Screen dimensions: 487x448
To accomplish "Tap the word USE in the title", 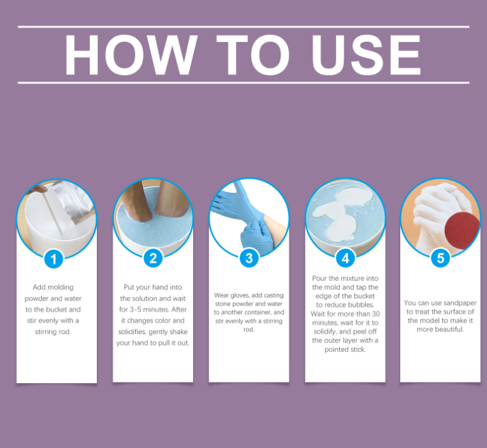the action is click(367, 55).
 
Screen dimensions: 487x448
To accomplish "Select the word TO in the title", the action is click(253, 55).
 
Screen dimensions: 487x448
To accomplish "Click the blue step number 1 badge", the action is click(54, 259).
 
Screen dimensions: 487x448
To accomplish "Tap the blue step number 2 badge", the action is click(153, 258).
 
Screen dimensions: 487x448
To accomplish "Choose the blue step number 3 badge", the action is click(249, 258).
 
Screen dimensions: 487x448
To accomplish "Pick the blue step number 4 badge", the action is click(345, 258).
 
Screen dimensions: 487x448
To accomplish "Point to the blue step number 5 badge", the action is click(440, 258).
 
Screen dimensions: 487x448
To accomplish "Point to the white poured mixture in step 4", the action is click(342, 214).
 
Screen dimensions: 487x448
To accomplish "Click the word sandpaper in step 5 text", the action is click(460, 303).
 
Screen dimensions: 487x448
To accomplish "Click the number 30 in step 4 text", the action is click(376, 314).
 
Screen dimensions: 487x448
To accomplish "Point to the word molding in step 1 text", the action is click(61, 288).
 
